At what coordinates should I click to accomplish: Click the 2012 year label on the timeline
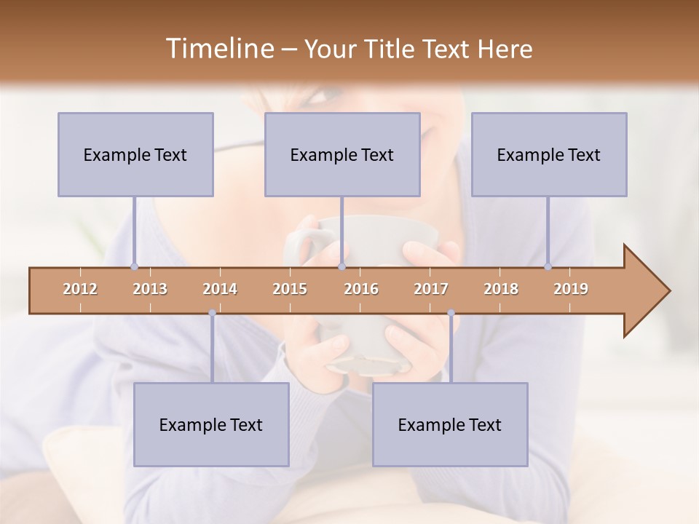[80, 289]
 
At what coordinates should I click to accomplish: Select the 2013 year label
[150, 289]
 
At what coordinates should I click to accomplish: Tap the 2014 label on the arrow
[220, 289]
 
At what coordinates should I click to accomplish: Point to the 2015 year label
[290, 289]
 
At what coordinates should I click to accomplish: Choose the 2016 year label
[361, 289]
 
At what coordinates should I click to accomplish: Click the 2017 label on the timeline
[431, 289]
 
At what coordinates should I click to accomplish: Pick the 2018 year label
[501, 289]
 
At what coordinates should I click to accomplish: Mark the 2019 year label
[571, 289]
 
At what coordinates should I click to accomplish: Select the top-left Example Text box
[135, 154]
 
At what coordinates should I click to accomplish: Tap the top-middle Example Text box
[342, 154]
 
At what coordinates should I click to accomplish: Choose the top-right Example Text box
[549, 154]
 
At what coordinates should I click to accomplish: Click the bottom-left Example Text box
[211, 424]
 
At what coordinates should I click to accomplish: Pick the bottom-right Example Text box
[450, 424]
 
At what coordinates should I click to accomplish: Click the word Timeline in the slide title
[218, 49]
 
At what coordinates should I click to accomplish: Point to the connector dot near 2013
[134, 266]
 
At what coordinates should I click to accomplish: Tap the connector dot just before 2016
[341, 266]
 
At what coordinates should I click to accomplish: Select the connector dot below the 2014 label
[212, 313]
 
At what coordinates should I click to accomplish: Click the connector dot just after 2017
[451, 313]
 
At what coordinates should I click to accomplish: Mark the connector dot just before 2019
[548, 266]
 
